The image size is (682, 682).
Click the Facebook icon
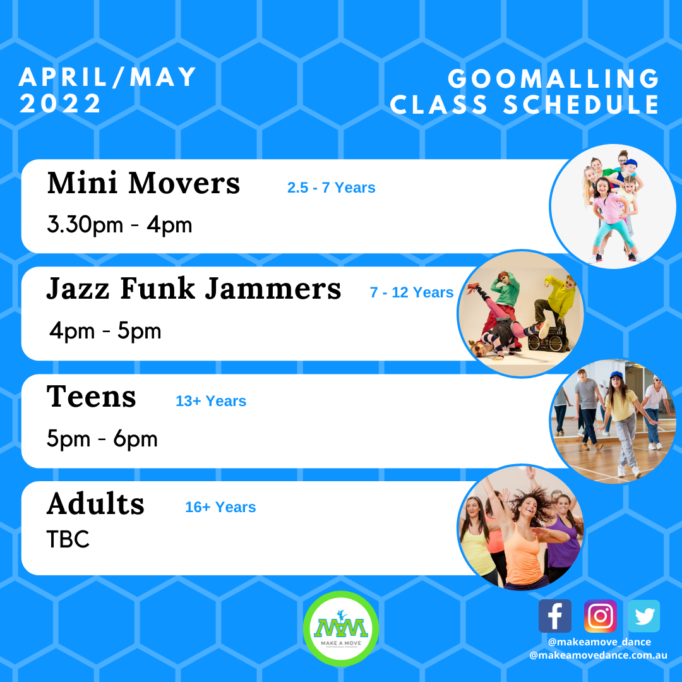[x=554, y=616]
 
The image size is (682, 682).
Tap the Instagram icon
[x=601, y=616]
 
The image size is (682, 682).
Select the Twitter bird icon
[x=644, y=616]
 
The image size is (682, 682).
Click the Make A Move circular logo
[x=341, y=628]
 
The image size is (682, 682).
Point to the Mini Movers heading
[x=143, y=184]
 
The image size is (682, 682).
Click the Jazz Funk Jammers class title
[x=193, y=289]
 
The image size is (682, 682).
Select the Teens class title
[x=92, y=397]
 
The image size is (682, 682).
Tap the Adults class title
[x=95, y=504]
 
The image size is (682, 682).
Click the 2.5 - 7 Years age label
[x=331, y=188]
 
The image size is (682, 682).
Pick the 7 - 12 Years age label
[x=412, y=292]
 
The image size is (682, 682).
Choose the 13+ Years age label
[x=211, y=401]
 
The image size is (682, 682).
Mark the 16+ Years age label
[x=220, y=507]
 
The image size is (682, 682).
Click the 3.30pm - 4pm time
[x=119, y=224]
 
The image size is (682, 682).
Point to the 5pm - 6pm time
[x=102, y=439]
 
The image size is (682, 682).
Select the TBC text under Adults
[x=68, y=540]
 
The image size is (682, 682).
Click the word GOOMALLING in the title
[x=553, y=80]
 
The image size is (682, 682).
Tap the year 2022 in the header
[x=61, y=104]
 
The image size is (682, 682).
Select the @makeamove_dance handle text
[x=599, y=642]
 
